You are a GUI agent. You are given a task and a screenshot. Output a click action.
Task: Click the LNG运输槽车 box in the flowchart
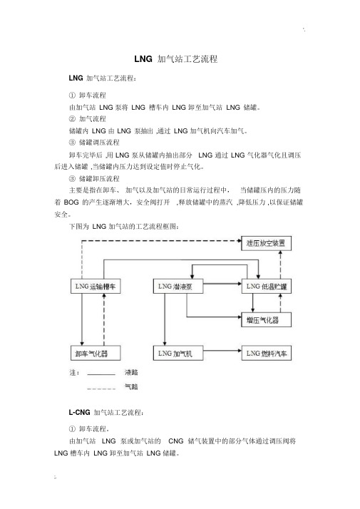click(x=96, y=287)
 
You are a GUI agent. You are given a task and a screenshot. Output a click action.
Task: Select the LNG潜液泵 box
click(x=178, y=287)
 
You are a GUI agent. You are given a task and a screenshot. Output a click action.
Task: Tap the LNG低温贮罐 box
click(x=266, y=287)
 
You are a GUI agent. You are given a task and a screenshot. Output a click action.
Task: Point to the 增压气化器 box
click(x=266, y=320)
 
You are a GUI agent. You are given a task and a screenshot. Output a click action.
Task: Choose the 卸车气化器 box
click(x=96, y=353)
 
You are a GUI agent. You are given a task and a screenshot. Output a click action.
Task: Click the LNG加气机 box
click(x=178, y=353)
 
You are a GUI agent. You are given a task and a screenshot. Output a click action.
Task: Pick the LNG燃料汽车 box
click(x=266, y=353)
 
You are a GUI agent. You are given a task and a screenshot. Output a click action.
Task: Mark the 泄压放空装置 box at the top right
click(x=266, y=243)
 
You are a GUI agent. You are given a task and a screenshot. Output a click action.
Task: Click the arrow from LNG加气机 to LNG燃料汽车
click(x=222, y=351)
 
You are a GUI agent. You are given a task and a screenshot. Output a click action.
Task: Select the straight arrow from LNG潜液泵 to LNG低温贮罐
click(x=222, y=284)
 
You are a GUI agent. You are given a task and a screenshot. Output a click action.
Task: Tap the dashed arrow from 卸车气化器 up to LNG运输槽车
click(x=104, y=320)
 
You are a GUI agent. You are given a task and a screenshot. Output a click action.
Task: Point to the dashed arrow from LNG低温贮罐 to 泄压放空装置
click(x=280, y=265)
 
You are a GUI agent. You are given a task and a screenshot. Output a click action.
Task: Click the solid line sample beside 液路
click(x=101, y=374)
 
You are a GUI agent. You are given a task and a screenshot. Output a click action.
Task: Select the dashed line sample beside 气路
click(x=101, y=389)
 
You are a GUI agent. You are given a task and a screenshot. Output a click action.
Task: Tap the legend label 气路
click(x=131, y=386)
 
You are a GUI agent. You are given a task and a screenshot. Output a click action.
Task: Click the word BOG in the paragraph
click(x=71, y=202)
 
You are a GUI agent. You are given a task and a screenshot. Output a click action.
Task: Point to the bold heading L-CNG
click(x=79, y=412)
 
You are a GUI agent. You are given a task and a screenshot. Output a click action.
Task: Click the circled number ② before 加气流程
click(x=72, y=119)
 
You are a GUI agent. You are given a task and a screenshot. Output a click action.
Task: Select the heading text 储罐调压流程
click(x=99, y=143)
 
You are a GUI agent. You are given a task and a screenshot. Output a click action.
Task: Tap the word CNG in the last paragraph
click(x=176, y=441)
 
